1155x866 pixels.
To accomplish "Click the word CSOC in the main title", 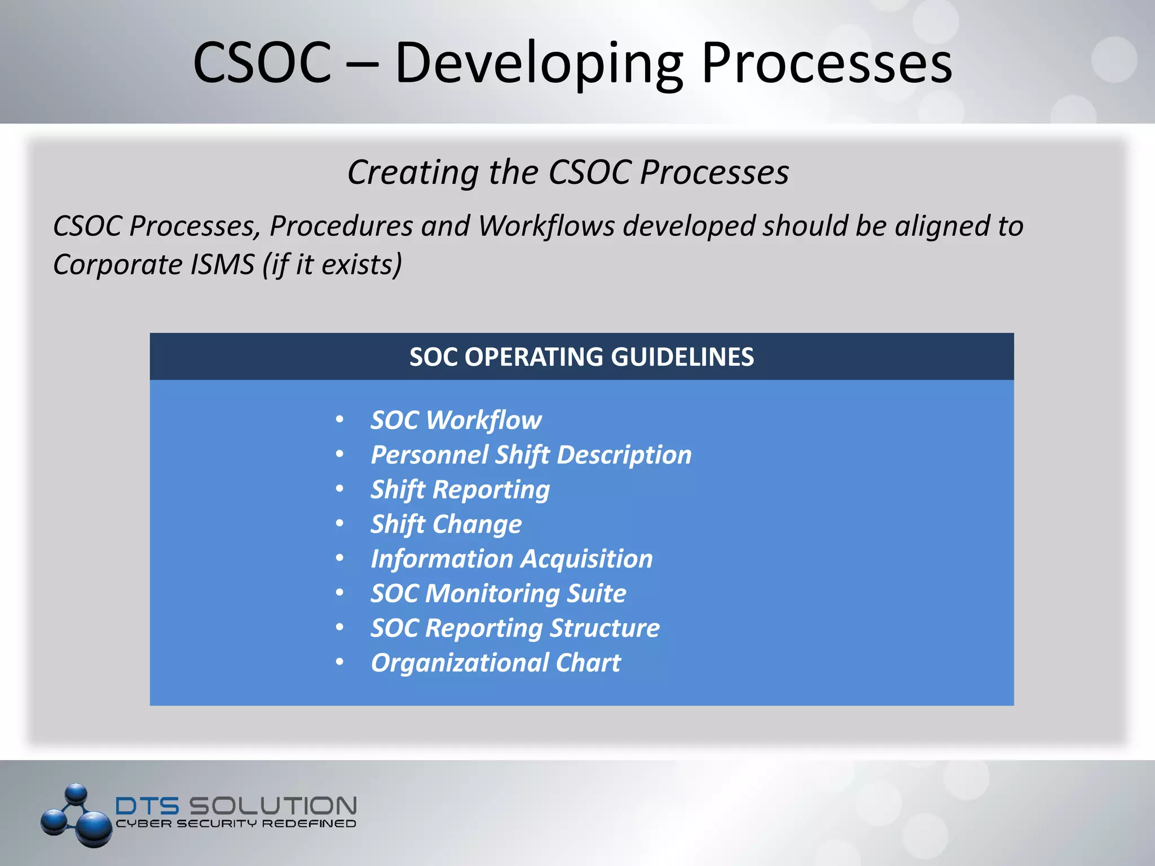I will (x=262, y=63).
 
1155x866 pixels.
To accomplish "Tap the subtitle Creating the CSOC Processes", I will (x=568, y=172).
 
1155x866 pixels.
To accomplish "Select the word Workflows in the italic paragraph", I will (x=546, y=226).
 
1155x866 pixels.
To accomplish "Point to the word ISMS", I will (x=222, y=264).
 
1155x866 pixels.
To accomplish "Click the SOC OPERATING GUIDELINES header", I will (x=581, y=357).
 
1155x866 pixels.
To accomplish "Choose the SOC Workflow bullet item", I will (x=456, y=421).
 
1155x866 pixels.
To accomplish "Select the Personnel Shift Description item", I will (x=531, y=455).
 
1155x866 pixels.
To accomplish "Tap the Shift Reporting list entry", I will (x=460, y=490).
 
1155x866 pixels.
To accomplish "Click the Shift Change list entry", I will (x=446, y=524).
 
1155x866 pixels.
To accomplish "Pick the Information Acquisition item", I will (x=512, y=559).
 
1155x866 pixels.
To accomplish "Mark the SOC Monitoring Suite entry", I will (x=498, y=594).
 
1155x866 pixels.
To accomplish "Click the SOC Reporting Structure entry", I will (x=514, y=628).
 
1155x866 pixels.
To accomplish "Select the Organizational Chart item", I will (x=495, y=663).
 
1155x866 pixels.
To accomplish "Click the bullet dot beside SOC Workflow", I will (x=340, y=419).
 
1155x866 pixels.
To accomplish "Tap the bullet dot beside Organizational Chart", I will (x=340, y=662).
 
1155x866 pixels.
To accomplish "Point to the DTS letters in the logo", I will (x=147, y=806).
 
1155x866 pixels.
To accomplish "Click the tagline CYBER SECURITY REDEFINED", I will (x=236, y=824).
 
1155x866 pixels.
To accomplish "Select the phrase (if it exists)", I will (x=332, y=264).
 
